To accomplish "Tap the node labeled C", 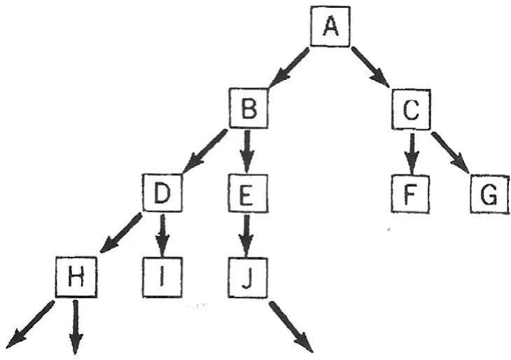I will pyautogui.click(x=412, y=110).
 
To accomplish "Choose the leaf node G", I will pyautogui.click(x=488, y=194).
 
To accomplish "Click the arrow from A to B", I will pyautogui.click(x=288, y=69).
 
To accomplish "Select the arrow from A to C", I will pyautogui.click(x=371, y=67).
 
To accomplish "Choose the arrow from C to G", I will pyautogui.click(x=452, y=151).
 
